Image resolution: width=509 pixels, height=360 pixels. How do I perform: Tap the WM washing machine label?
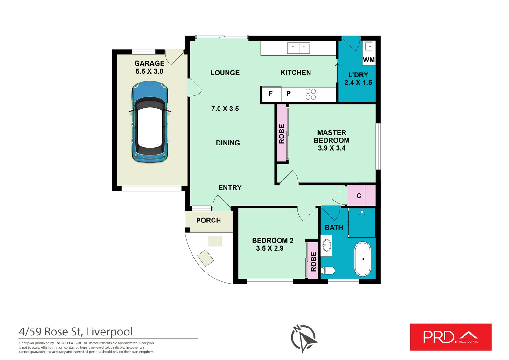point(369,60)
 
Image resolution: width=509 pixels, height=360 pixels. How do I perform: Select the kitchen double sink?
point(298,48)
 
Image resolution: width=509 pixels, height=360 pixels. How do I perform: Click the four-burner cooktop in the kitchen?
point(311,94)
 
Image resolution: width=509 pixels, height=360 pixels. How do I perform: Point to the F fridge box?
point(271,94)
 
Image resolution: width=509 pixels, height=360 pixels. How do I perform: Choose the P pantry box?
point(289,94)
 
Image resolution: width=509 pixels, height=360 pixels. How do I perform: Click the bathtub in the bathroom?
point(363,259)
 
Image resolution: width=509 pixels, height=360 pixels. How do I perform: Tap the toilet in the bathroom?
point(328,271)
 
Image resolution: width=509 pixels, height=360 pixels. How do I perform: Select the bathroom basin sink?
point(326,245)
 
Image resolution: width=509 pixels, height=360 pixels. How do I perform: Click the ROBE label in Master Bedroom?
point(282,134)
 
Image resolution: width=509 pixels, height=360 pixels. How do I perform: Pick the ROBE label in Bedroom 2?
point(313,262)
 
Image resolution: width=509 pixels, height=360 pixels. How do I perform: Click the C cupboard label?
point(359,196)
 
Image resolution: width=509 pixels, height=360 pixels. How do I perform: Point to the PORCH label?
point(208,220)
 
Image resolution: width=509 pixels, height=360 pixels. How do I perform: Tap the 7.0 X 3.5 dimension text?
point(225,109)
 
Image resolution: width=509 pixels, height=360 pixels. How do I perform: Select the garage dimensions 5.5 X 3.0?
point(150,71)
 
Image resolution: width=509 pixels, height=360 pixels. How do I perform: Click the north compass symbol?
point(303,338)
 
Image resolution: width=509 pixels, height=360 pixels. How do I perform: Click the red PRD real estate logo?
point(450,337)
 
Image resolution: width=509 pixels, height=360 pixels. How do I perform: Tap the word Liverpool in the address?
point(109,332)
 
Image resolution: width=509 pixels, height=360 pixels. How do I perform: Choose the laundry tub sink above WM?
point(369,46)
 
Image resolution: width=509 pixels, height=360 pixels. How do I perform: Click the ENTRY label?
point(230,188)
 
